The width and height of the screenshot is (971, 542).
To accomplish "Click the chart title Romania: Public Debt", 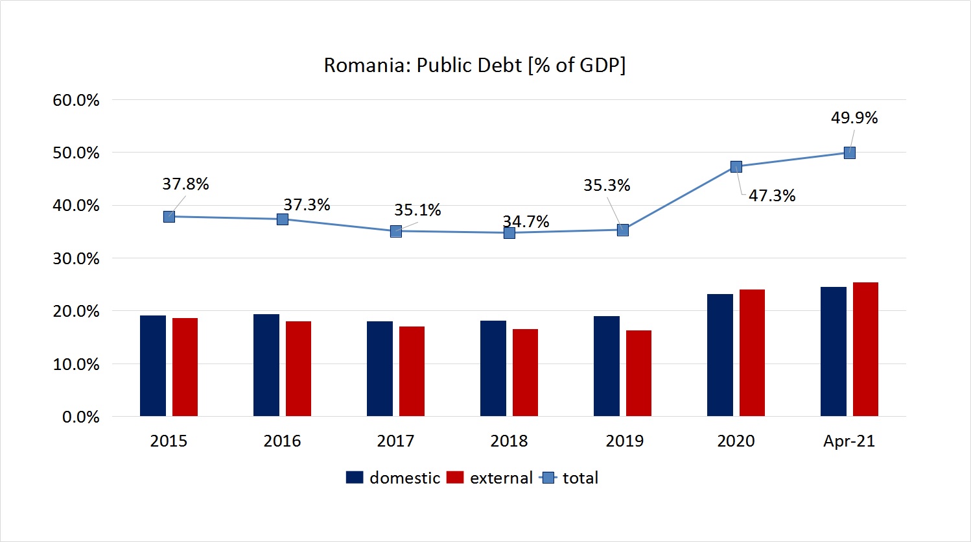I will point(474,66).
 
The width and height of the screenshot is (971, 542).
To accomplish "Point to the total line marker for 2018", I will point(509,232).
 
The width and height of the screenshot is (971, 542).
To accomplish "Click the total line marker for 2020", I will point(736,167).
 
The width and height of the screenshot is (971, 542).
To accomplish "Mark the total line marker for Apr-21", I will point(850,153).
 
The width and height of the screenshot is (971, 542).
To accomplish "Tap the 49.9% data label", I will point(854,118).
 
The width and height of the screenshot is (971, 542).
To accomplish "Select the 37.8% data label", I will point(185,184).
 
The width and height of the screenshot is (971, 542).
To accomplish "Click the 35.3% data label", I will point(607,186).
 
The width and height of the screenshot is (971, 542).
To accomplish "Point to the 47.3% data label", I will point(772,196).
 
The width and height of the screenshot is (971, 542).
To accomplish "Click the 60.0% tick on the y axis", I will point(76,101).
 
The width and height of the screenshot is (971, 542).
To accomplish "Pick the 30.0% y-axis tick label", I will point(76,259).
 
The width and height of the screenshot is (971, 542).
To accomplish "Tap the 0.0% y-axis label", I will point(80,417).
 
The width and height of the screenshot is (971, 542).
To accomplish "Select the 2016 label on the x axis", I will point(282,441).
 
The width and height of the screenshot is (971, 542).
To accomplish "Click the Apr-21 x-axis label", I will point(849,441).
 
